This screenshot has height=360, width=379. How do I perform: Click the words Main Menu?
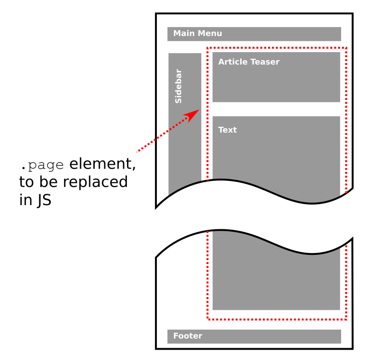click(x=198, y=33)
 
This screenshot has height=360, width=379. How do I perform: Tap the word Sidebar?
click(x=178, y=86)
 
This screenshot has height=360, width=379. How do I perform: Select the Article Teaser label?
click(x=249, y=62)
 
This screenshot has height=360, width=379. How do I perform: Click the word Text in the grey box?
click(x=227, y=130)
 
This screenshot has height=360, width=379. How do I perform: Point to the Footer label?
click(x=188, y=336)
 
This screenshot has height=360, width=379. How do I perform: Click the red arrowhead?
click(x=193, y=115)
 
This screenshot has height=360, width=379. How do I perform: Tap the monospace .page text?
click(x=43, y=165)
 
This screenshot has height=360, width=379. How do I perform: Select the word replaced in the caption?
click(x=95, y=182)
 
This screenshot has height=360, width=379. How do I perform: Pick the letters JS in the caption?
click(x=44, y=200)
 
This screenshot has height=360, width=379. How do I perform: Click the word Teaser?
click(x=265, y=62)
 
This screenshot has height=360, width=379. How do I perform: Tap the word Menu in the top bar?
click(x=210, y=33)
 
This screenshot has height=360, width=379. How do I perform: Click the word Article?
click(x=233, y=62)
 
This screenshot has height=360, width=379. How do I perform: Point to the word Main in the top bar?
click(x=184, y=33)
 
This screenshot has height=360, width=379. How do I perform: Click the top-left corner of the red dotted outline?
click(x=208, y=48)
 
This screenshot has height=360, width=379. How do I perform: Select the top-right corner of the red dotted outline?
click(x=346, y=48)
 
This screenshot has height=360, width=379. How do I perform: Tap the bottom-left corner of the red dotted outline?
click(x=208, y=319)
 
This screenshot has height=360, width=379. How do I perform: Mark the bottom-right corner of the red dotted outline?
click(x=346, y=319)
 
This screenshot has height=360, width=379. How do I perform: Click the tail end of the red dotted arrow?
click(x=137, y=152)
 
